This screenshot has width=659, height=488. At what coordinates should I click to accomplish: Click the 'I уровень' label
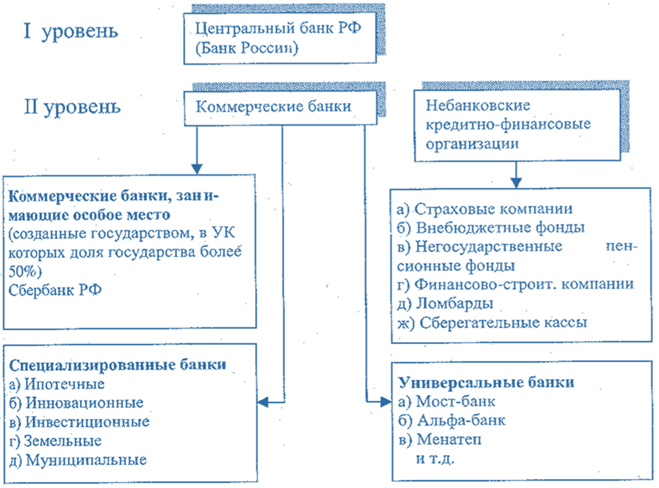71,32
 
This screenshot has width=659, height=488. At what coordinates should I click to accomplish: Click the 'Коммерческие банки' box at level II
273,106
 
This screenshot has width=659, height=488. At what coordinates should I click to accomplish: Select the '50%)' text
26,270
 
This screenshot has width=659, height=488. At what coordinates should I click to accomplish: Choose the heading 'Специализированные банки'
118,365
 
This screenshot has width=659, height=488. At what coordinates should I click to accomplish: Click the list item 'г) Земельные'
56,441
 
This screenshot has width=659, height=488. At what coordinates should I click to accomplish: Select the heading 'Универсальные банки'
486,383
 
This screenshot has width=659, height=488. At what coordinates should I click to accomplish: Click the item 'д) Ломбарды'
449,303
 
